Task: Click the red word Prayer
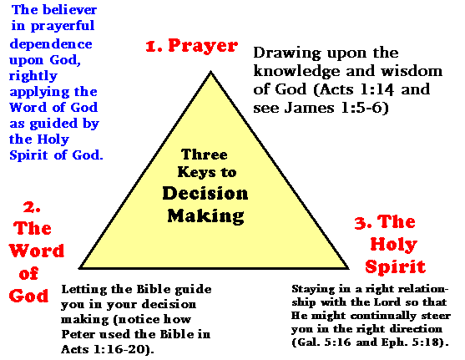[x=203, y=46]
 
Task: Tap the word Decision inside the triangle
[x=205, y=194]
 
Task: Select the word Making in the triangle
[x=206, y=215]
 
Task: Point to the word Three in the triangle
[x=205, y=155]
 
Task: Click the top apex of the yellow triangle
[x=211, y=72]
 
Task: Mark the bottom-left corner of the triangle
[x=79, y=268]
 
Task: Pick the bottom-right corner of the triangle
[x=348, y=268]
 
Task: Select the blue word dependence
[x=51, y=44]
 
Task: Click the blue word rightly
[x=33, y=76]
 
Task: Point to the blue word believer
[x=69, y=10]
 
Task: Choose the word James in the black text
[x=309, y=108]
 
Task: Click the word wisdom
[x=412, y=71]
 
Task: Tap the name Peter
[x=78, y=334]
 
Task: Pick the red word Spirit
[x=396, y=266]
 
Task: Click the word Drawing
[x=287, y=53]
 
